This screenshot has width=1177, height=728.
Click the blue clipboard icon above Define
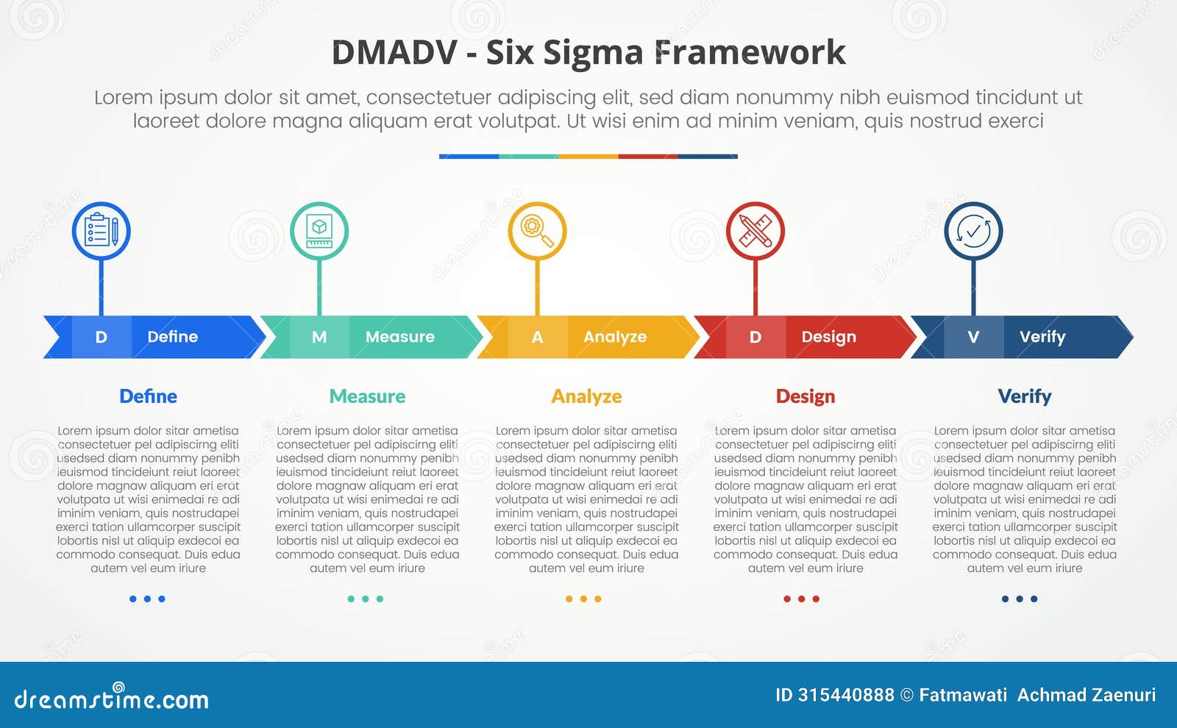[x=102, y=231]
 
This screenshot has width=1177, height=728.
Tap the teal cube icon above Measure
[x=319, y=231]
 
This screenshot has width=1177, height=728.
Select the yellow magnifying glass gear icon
[x=537, y=231]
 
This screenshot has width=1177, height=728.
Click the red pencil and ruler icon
[x=755, y=231]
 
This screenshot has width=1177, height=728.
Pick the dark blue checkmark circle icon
[x=973, y=231]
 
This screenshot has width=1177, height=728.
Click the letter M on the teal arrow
[x=319, y=337]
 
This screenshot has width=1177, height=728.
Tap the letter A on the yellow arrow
[x=538, y=337]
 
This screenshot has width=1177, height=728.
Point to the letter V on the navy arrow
[x=973, y=337]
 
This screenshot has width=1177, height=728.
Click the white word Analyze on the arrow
[x=615, y=337]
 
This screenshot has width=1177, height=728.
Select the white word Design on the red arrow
[x=828, y=337]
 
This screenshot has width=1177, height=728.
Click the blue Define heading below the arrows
[x=148, y=396]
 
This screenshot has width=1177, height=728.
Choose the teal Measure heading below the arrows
[x=367, y=396]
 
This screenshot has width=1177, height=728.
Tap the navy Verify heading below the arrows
[x=1024, y=396]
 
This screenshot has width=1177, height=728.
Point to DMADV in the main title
[x=394, y=53]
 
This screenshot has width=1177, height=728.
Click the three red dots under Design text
[x=801, y=599]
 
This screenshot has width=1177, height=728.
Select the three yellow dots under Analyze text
[x=583, y=599]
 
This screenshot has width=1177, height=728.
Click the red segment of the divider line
[x=648, y=157]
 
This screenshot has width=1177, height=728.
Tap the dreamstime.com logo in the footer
[x=112, y=699]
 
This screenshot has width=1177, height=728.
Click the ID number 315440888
[x=846, y=695]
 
